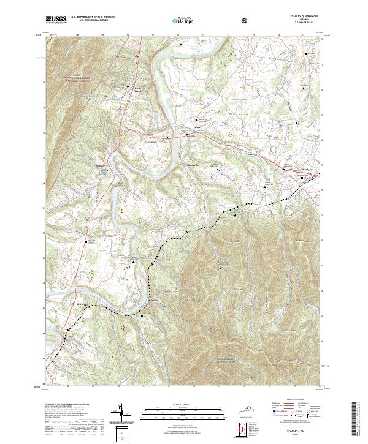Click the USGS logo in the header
[56, 20]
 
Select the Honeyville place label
[194, 165]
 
